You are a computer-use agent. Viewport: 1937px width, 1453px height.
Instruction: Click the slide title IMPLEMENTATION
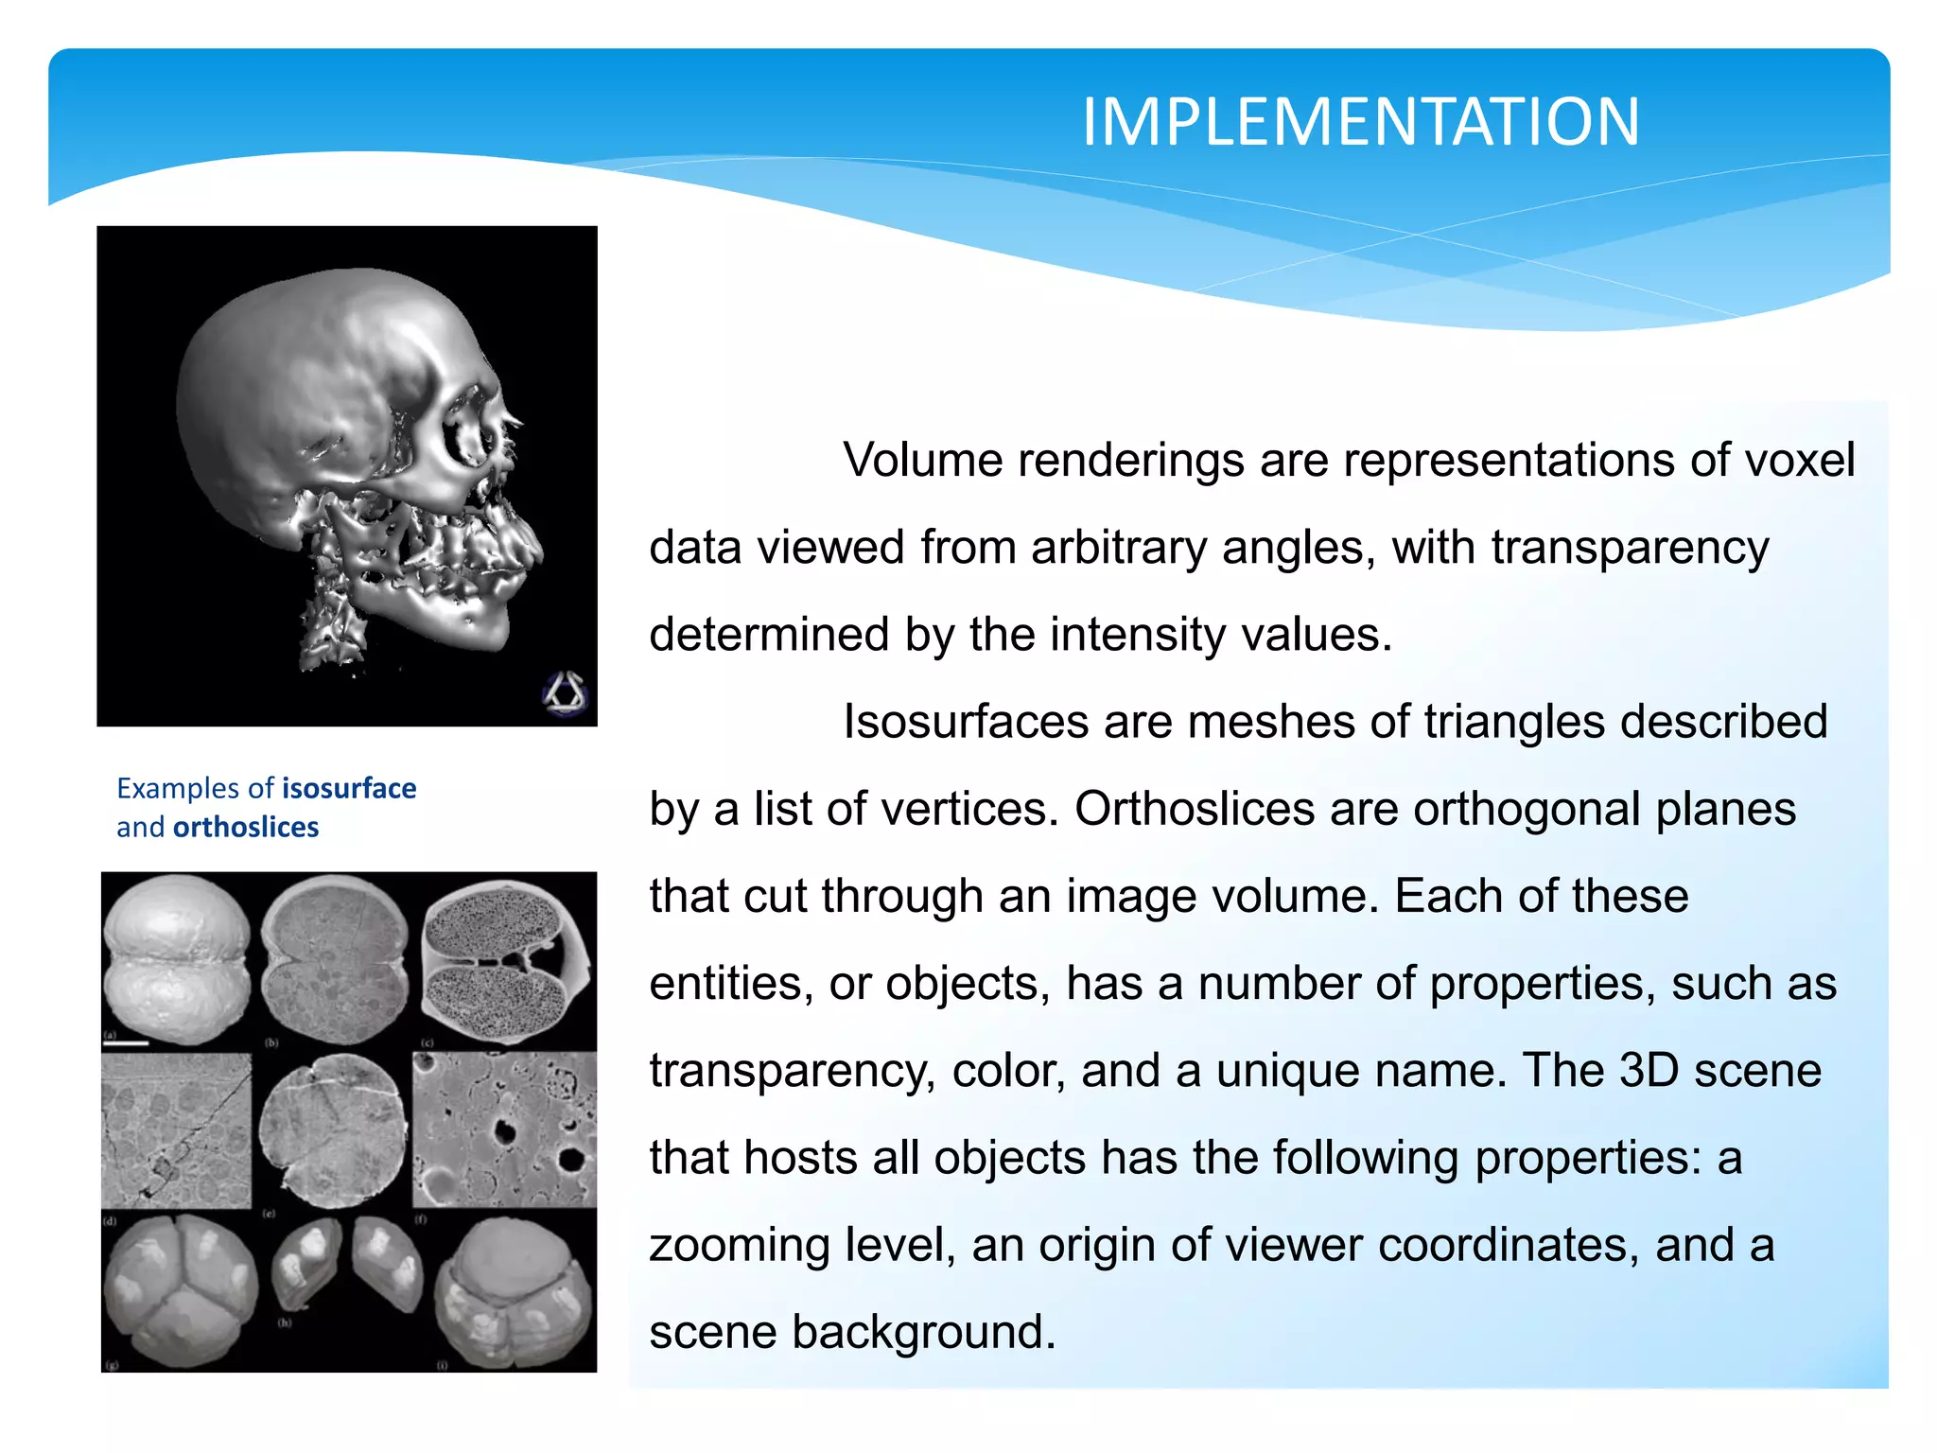(1360, 123)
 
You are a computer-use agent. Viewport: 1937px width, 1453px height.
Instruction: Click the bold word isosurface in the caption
(349, 788)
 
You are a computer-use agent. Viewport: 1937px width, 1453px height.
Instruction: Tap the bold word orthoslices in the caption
(246, 827)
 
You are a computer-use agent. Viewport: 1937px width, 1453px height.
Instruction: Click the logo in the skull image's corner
(565, 693)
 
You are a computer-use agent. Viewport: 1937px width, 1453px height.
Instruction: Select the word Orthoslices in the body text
(1195, 810)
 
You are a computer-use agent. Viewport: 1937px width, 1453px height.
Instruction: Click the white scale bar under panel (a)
(127, 1042)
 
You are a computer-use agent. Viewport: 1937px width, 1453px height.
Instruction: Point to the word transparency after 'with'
(1630, 548)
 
